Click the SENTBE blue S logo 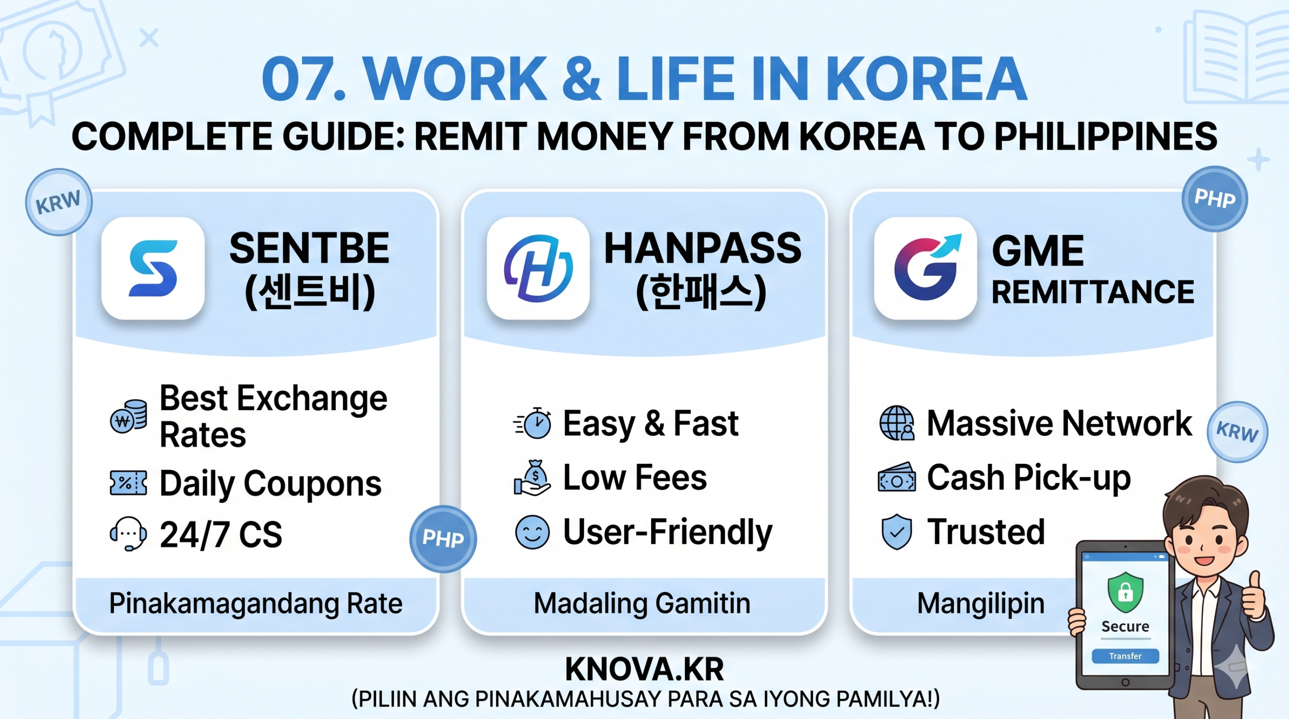coord(153,268)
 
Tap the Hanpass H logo coord(538,268)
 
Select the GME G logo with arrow coord(926,268)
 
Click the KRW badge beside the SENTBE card coord(59,202)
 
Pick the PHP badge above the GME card coord(1214,199)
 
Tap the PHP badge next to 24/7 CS coord(443,538)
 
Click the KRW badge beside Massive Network coord(1237,432)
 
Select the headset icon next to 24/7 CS coord(128,534)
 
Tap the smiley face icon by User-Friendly coord(532,532)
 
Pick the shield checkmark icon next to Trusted coord(897,532)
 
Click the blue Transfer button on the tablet coord(1125,656)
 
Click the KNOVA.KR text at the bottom coord(644,669)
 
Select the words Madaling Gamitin coord(642,603)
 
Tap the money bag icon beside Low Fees coord(532,477)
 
